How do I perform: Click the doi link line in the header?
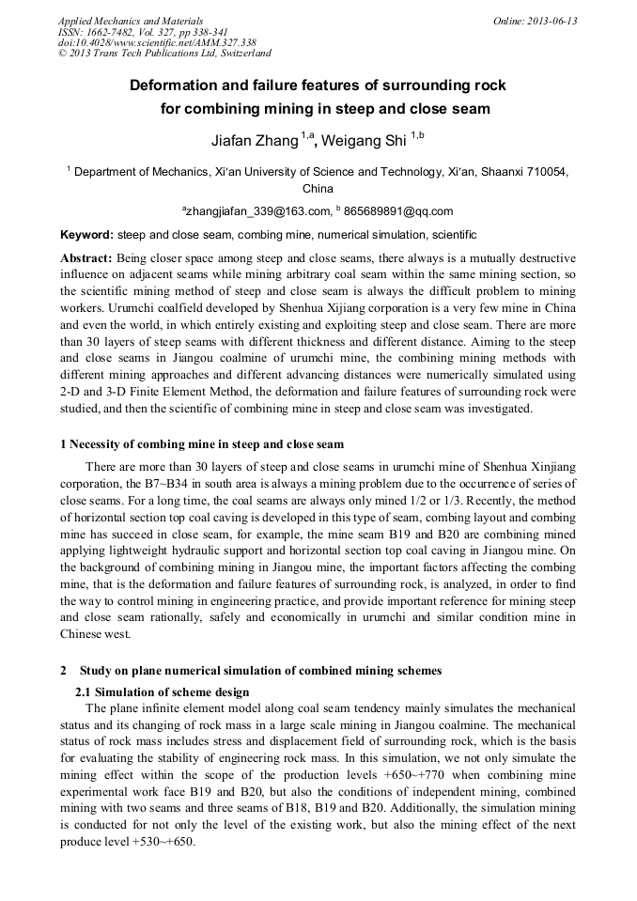[157, 42]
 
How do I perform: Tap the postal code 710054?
[542, 172]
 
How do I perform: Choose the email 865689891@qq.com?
[398, 210]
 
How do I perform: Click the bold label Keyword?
[87, 234]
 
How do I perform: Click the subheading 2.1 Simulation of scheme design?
[162, 691]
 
